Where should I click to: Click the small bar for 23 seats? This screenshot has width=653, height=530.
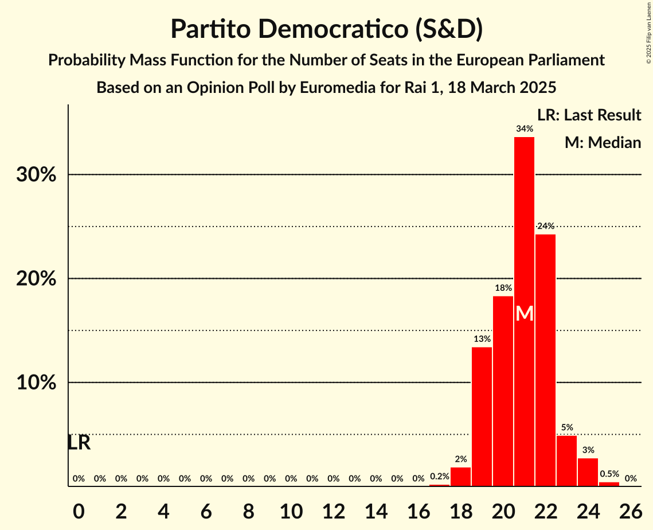coord(566,461)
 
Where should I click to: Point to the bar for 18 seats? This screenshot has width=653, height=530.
coord(460,477)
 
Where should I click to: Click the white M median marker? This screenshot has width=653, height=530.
coord(524,314)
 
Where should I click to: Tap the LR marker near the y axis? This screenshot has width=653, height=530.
coord(79,443)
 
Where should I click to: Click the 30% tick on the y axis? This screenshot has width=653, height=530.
coord(36,175)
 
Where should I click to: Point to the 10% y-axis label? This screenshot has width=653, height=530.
coord(36,383)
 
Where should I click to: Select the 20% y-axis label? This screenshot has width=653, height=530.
coord(36,279)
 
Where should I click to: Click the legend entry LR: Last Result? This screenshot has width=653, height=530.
coord(589,115)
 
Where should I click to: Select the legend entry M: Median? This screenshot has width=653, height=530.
coord(603,142)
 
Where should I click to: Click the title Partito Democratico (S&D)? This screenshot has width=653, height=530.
coord(326,30)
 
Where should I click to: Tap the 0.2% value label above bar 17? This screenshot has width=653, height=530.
coord(439,476)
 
